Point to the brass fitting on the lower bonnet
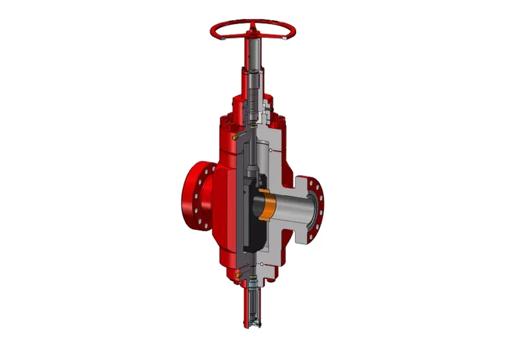(237, 273)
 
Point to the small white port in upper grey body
(271, 152)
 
